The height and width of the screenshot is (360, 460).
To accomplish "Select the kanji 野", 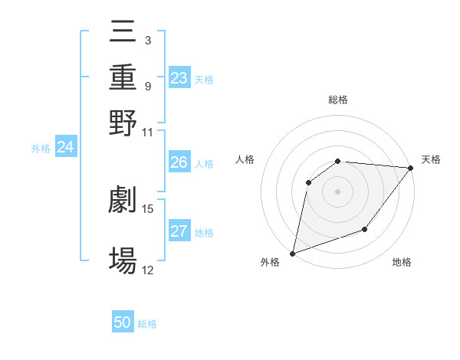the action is coord(123,123).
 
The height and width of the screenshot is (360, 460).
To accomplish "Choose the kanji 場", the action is coord(123,260).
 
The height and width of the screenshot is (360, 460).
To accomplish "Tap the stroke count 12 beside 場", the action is coord(148,270).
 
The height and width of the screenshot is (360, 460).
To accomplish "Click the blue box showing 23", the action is coord(179,78).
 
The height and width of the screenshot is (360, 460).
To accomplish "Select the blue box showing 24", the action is coord(65,147).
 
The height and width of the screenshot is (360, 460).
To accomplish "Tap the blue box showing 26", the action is coord(179,162).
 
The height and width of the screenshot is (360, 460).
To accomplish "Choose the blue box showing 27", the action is coord(179,231).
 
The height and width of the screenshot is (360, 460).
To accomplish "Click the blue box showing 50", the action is coord(123,322).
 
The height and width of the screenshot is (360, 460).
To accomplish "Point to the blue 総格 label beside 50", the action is coord(147,324).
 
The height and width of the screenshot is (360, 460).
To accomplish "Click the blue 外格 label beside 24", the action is coord(41,149).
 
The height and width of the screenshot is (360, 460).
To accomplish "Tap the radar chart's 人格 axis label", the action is coord(245,159).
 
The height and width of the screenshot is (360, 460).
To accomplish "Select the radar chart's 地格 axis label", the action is coord(402,263).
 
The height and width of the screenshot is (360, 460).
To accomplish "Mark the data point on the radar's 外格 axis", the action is coord(292,253).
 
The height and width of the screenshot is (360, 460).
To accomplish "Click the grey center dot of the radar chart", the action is coord(337,191).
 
